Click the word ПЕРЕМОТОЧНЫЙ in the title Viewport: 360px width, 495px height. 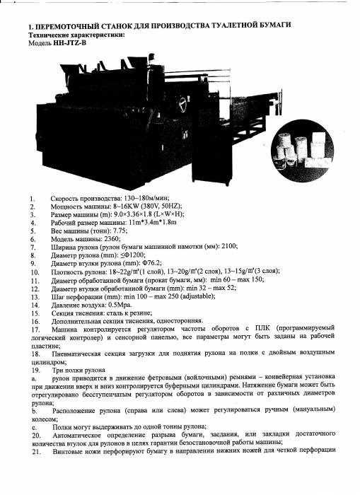(67, 26)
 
